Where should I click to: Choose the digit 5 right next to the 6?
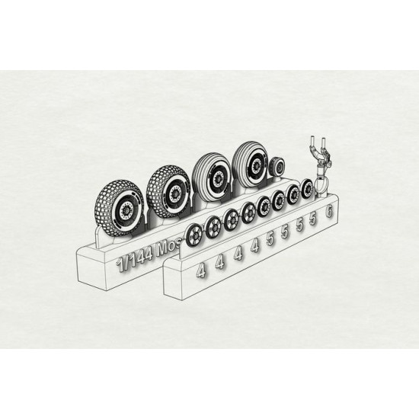tap(313, 220)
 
